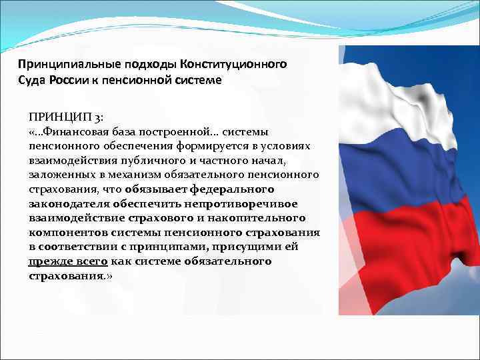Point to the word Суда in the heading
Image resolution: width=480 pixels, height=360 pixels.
(33, 80)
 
